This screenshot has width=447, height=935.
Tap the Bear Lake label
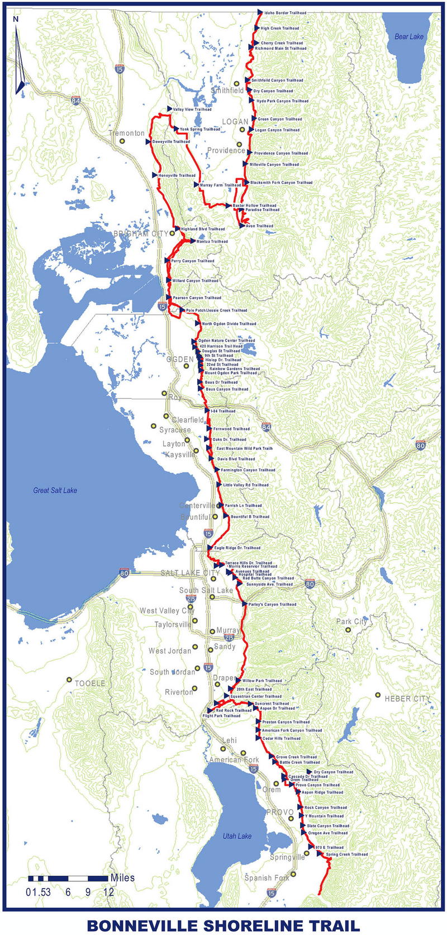pos(409,37)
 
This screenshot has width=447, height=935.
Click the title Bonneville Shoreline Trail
pos(223,925)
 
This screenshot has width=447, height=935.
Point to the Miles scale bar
pos(68,879)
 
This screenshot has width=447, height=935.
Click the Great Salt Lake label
pos(55,490)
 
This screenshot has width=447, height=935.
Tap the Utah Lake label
pos(237,836)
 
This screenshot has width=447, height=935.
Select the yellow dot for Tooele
pos(69,680)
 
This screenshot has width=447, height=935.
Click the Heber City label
pos(407,698)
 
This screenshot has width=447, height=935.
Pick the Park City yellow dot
pos(348,630)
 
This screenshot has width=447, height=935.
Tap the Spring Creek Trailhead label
pos(347,854)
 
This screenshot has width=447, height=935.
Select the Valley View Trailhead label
pos(192,110)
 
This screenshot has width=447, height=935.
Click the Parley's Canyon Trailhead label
pos(272,605)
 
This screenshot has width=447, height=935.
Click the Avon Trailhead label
pos(259,226)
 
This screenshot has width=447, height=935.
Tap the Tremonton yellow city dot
pos(122,141)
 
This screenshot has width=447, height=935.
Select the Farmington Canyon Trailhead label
pos(248,470)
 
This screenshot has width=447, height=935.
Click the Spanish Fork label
pos(267,878)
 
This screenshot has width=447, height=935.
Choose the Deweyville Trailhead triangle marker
pos(149,142)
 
